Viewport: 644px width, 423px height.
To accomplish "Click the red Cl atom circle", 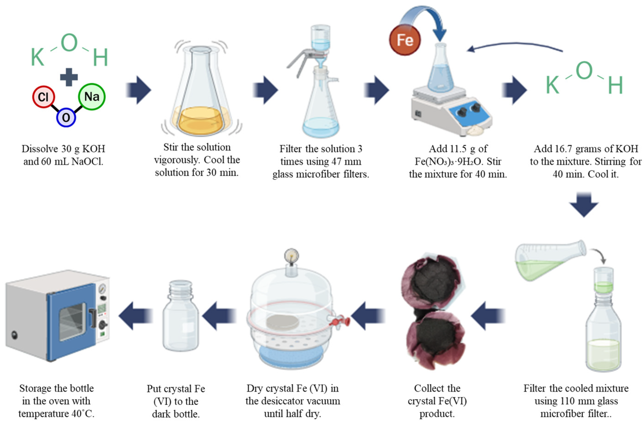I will click(43, 97).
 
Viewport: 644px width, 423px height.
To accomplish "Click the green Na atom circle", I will click(91, 97).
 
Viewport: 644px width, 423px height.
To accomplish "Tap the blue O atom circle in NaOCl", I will click(66, 117).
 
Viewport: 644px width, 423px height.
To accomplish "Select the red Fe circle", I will click(405, 40).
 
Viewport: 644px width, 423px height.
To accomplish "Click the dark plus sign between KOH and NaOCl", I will click(69, 77).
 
